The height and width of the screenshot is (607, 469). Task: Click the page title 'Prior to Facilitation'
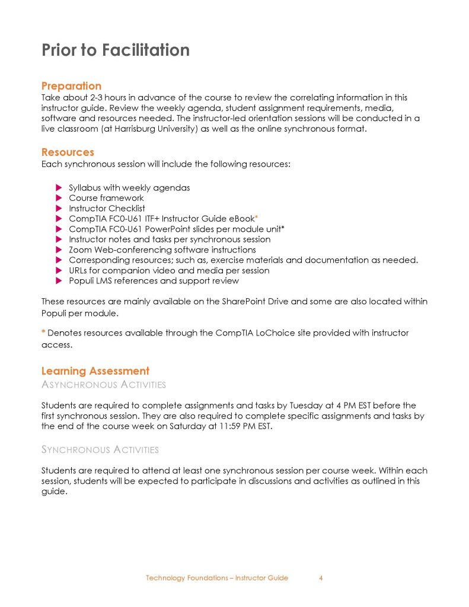pos(116,50)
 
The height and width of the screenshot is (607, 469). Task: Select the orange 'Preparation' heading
pos(71,86)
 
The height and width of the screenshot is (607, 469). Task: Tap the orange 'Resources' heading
pos(68,152)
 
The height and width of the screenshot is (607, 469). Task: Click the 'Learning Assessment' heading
pos(95,371)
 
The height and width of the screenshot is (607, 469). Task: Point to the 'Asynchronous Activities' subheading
pos(103,385)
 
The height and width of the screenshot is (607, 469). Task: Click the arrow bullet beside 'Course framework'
pos(59,198)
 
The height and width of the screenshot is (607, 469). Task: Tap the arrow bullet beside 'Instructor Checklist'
pos(59,209)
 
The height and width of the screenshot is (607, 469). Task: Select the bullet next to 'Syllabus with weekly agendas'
pos(59,188)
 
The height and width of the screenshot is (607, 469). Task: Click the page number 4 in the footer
pos(321,578)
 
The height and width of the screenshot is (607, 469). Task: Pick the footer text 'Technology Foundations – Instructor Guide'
pos(217,578)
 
